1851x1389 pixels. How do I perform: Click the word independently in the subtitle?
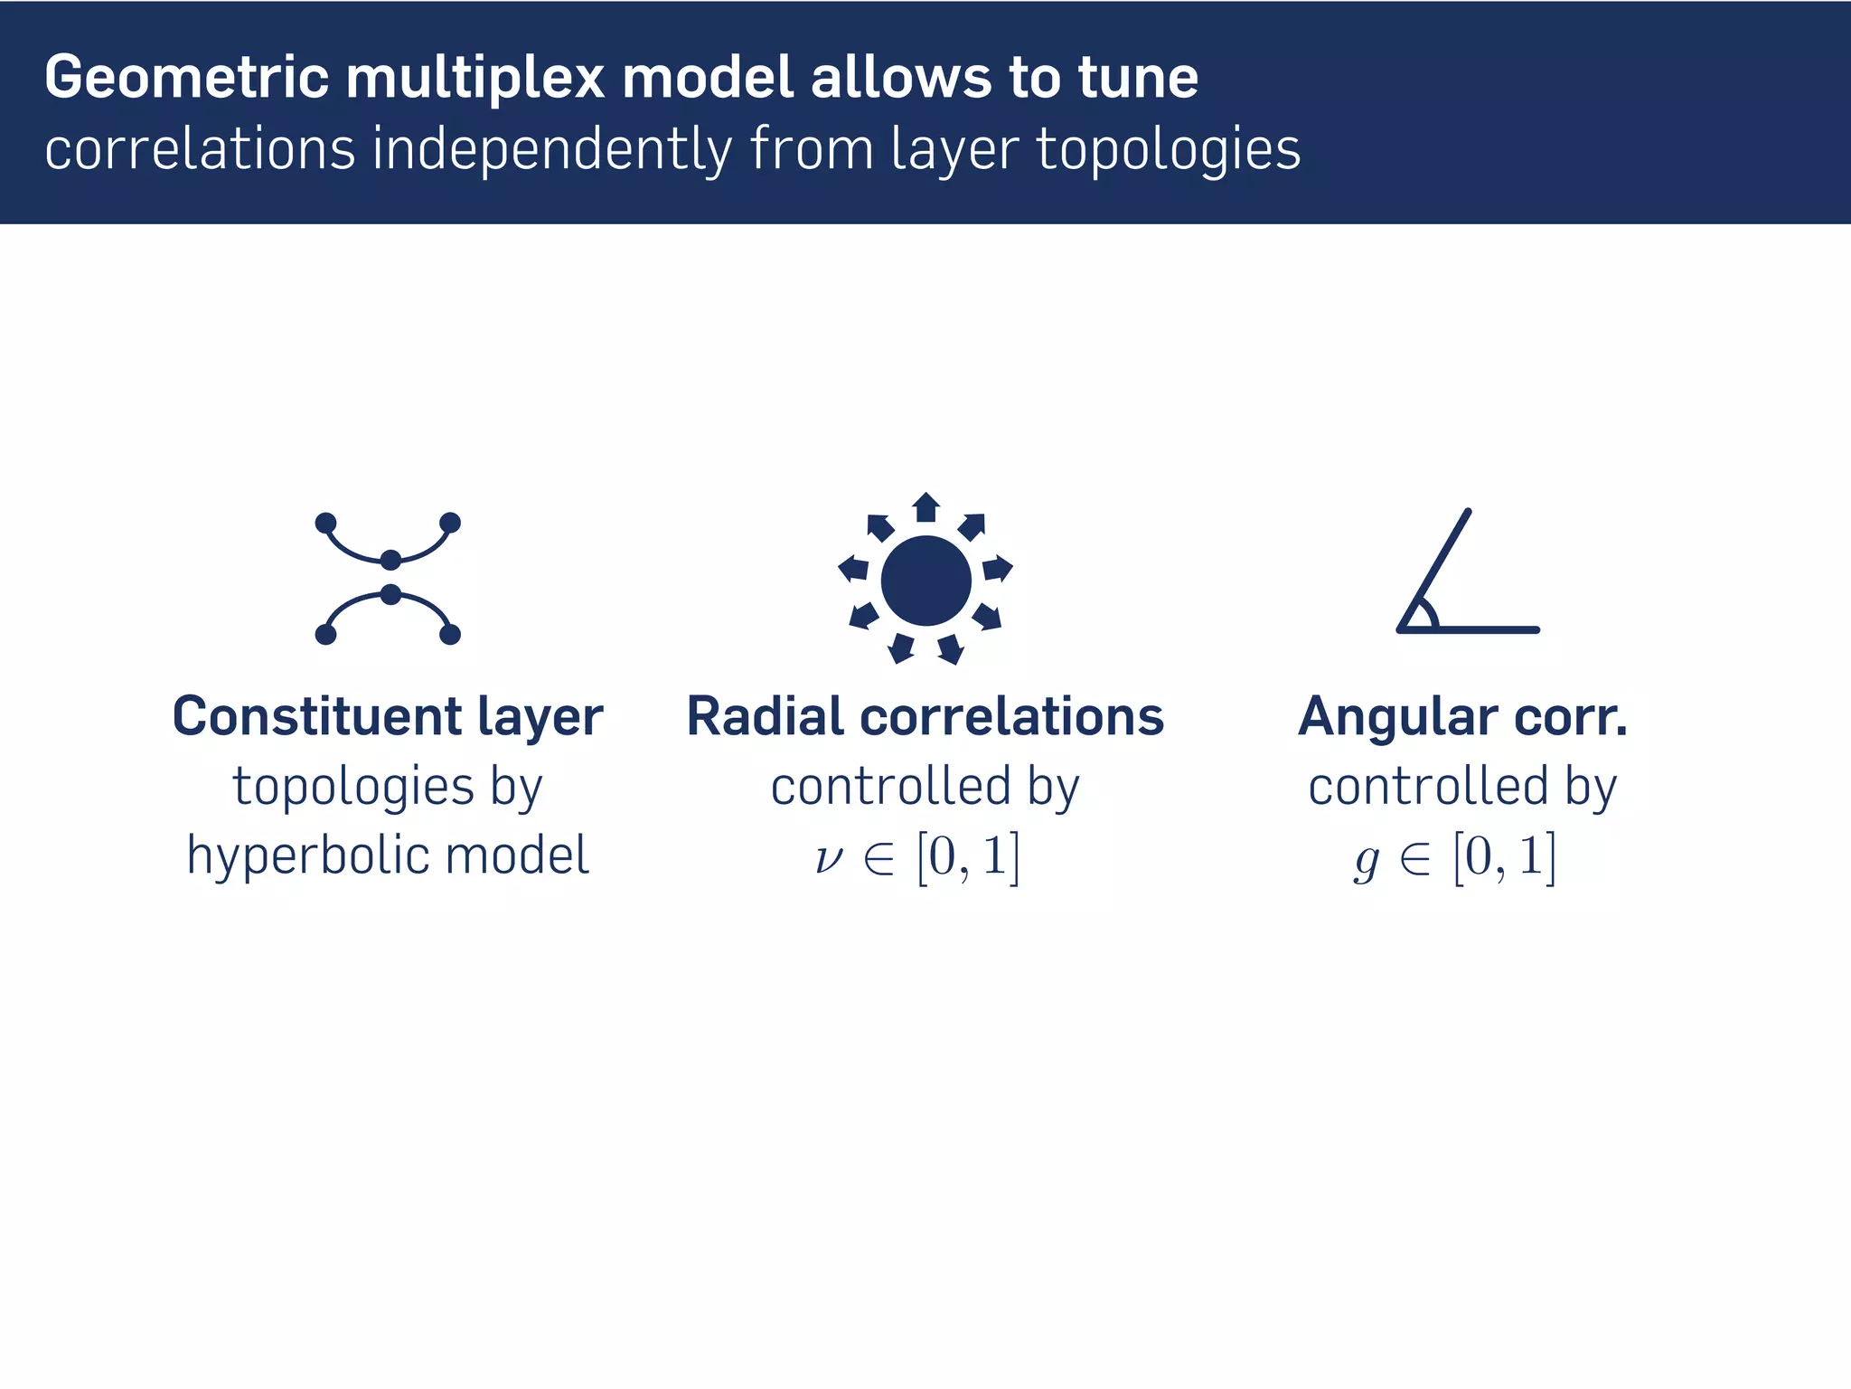click(552, 150)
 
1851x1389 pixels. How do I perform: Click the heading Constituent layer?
click(388, 716)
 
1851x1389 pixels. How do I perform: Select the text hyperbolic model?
click(388, 855)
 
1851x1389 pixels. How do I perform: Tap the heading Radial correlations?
click(925, 716)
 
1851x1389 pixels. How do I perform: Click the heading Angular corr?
click(1462, 716)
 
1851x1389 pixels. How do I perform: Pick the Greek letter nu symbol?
click(828, 857)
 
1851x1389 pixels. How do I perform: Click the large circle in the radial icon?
click(925, 581)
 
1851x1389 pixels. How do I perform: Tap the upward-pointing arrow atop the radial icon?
click(925, 506)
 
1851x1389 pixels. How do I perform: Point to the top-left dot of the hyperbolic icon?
click(326, 523)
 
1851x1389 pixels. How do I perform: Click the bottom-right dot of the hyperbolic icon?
click(450, 635)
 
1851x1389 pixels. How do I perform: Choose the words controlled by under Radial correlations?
click(925, 787)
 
